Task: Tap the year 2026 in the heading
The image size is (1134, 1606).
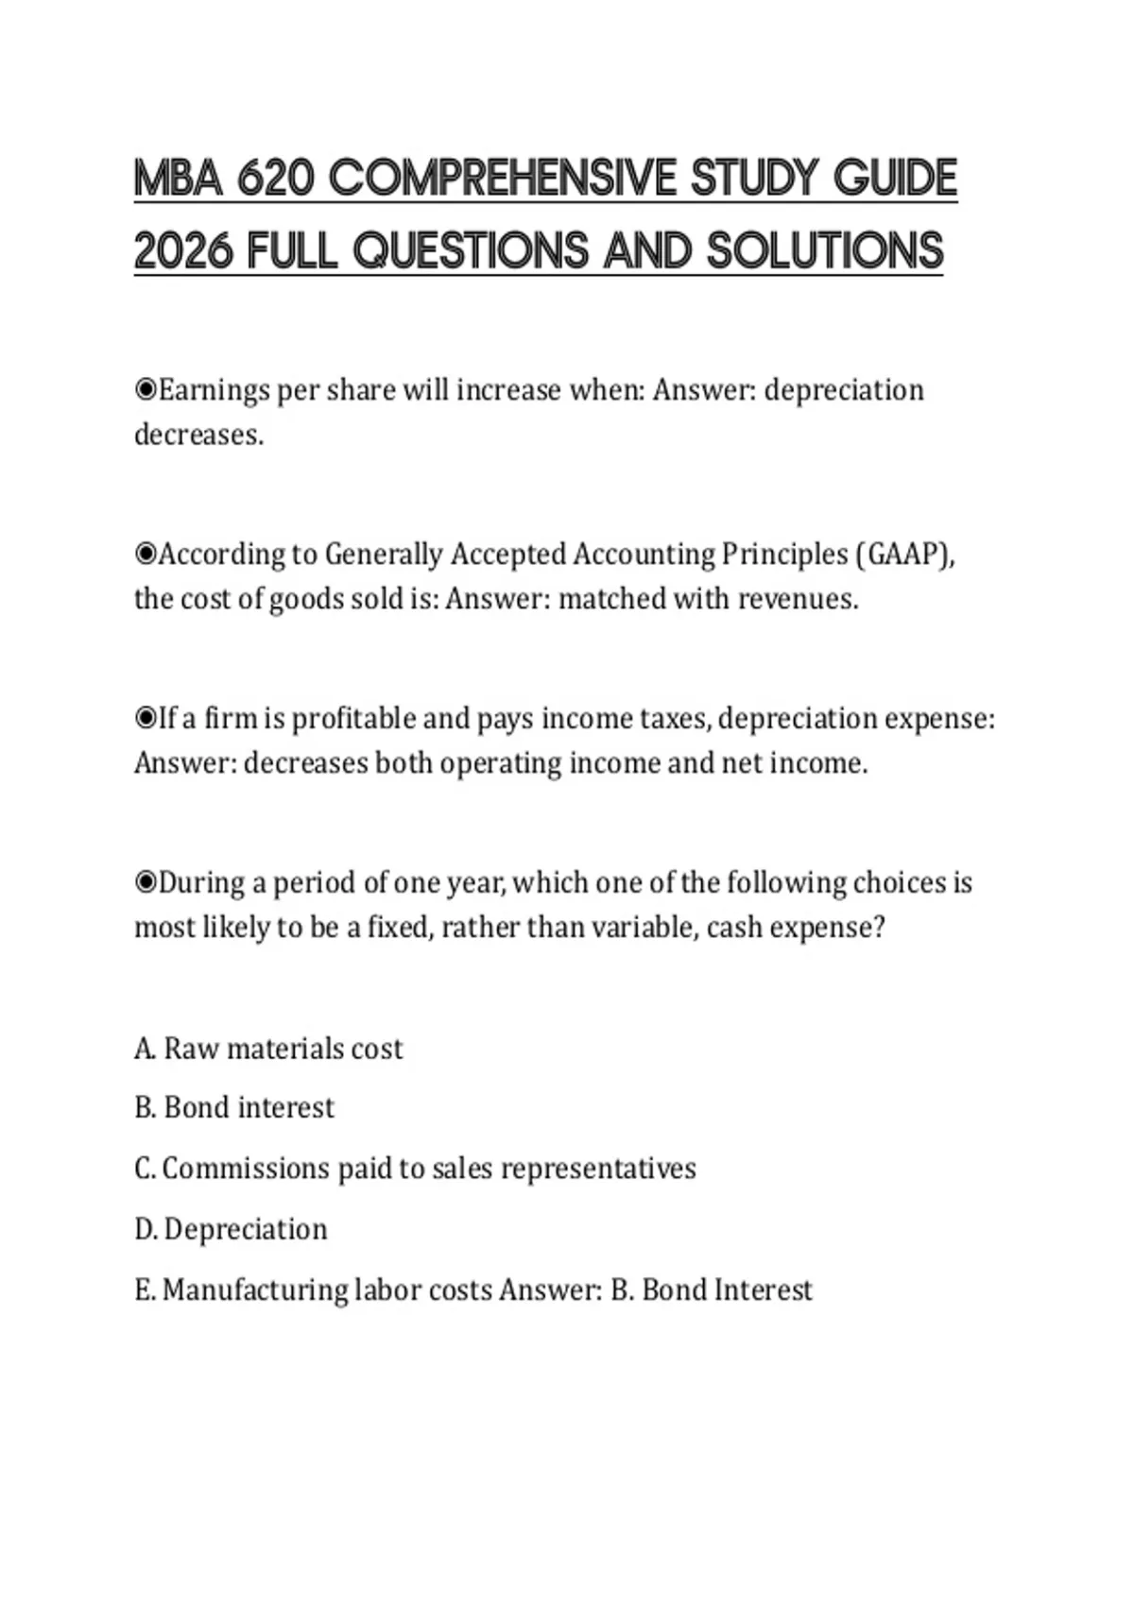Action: coord(182,250)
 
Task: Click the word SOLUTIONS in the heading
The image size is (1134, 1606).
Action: coord(825,250)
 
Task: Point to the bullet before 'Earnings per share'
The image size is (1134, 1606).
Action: coord(146,389)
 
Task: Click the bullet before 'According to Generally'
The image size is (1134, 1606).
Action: coord(146,554)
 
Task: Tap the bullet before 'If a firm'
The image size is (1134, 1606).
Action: coord(146,718)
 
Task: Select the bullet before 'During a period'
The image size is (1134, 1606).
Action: coord(146,882)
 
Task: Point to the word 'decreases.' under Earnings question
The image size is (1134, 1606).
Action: coord(198,435)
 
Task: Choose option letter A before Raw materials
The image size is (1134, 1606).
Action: coord(145,1049)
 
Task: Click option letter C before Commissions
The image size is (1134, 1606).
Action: coord(145,1169)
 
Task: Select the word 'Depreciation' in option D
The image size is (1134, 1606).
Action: coord(246,1229)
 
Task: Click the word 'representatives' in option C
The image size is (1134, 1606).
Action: coord(598,1170)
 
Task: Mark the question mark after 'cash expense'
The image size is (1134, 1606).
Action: coord(879,928)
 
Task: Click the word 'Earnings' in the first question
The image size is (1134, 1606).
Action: coord(213,390)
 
